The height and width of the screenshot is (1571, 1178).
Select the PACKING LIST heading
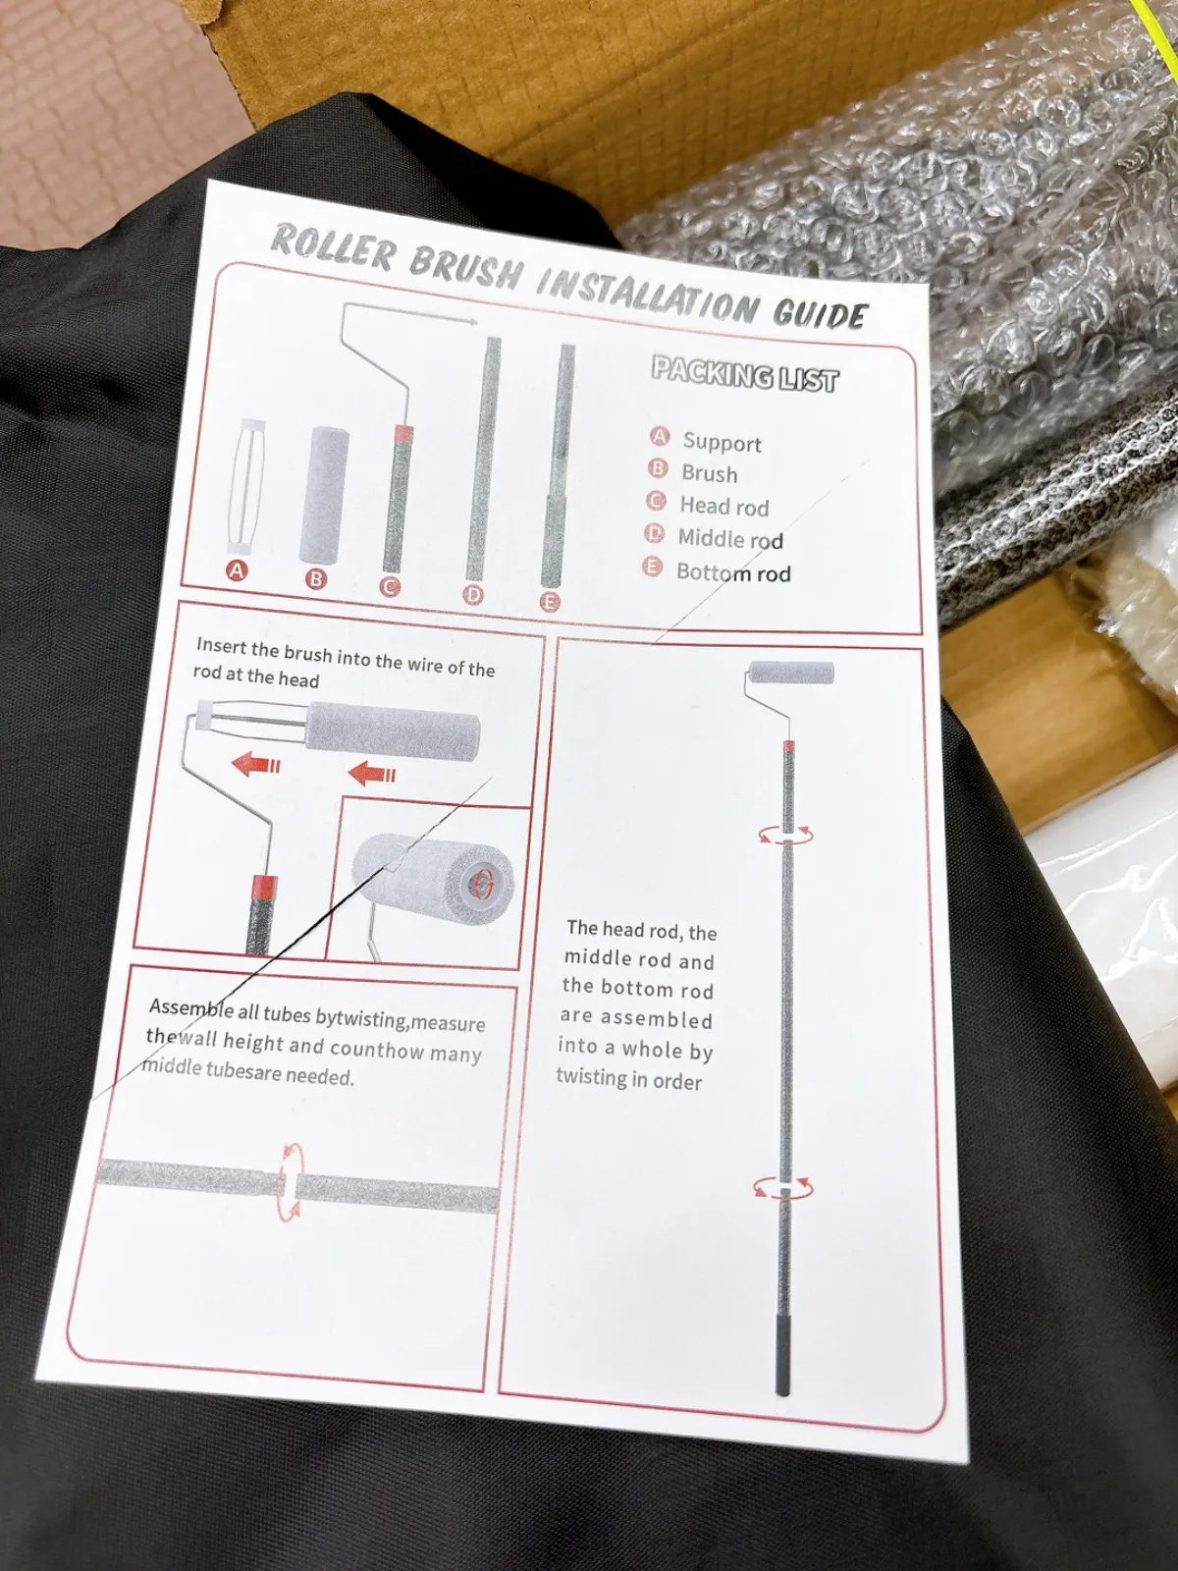pyautogui.click(x=744, y=374)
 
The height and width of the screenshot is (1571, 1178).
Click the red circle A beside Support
pyautogui.click(x=660, y=437)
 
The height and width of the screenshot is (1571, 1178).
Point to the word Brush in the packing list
pyautogui.click(x=710, y=474)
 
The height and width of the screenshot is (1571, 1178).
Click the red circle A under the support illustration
pyautogui.click(x=237, y=570)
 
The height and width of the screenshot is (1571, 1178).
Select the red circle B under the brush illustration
pyautogui.click(x=316, y=579)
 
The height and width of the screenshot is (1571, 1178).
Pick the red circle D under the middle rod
pyautogui.click(x=473, y=595)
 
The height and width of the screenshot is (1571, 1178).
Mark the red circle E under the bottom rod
pyautogui.click(x=550, y=603)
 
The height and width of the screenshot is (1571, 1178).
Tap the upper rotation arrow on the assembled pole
pyautogui.click(x=786, y=835)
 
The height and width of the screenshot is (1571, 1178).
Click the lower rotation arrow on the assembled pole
pyautogui.click(x=784, y=1187)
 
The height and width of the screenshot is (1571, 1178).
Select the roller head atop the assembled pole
pyautogui.click(x=791, y=674)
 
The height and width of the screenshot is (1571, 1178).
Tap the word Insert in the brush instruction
pyautogui.click(x=219, y=645)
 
